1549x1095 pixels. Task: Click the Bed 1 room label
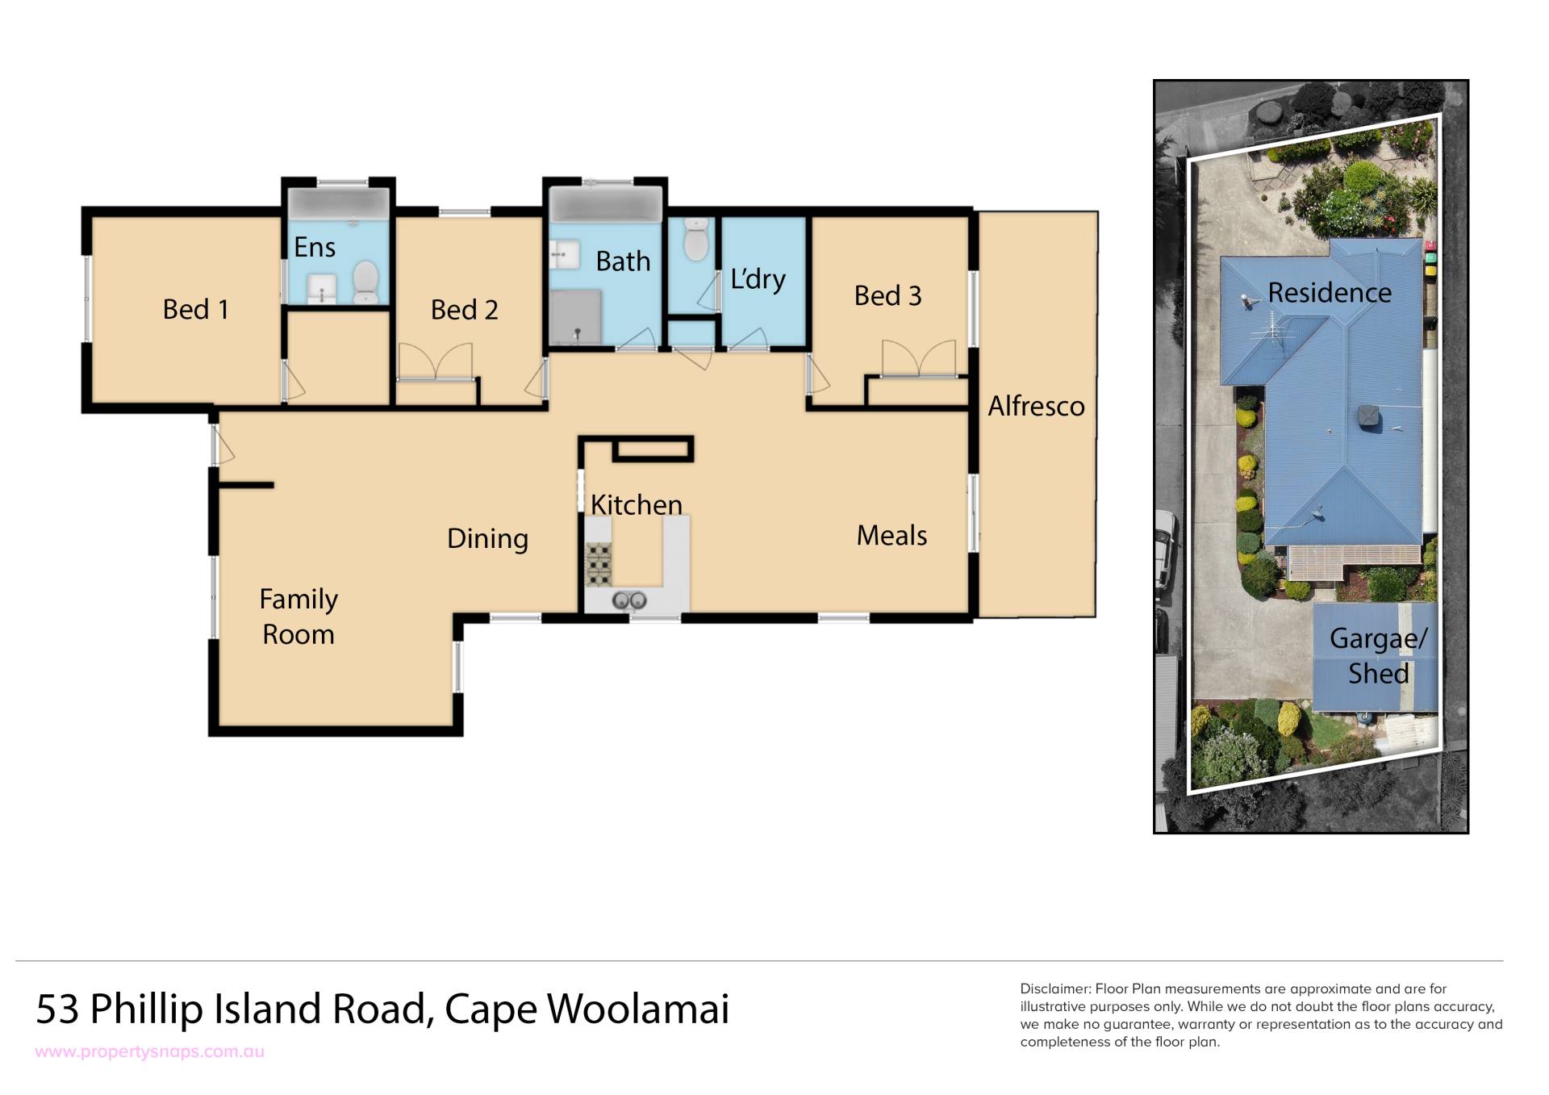tap(195, 309)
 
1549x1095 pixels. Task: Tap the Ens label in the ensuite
tap(314, 247)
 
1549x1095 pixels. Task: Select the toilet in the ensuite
tap(365, 281)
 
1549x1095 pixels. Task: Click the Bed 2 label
tap(464, 310)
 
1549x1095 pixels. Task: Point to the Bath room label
tap(623, 261)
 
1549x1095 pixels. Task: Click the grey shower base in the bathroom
tap(575, 317)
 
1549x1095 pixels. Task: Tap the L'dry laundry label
tap(758, 279)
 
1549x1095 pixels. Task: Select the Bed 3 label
tap(887, 296)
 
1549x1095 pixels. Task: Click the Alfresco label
tap(1036, 406)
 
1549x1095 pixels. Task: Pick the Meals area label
tap(891, 535)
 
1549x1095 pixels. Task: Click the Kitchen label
tap(636, 504)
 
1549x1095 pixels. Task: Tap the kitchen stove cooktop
tap(599, 564)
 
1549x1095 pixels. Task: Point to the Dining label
tap(487, 539)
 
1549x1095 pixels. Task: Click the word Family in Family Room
tap(299, 600)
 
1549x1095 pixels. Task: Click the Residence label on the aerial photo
tap(1330, 293)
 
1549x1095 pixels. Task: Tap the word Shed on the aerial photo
tap(1378, 674)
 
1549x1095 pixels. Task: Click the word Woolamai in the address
tap(638, 1009)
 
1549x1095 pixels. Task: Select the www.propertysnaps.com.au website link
tap(150, 1052)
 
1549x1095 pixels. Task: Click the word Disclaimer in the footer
tap(1055, 989)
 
